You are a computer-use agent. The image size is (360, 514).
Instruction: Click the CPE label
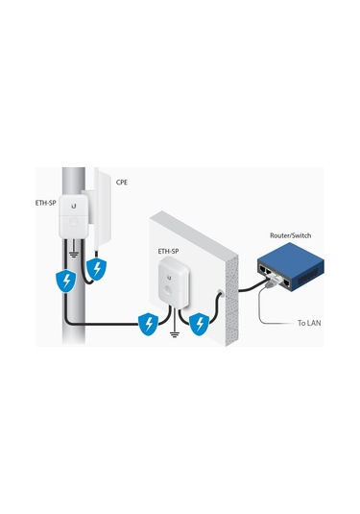point(123,181)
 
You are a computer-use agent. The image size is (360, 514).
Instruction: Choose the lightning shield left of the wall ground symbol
point(147,324)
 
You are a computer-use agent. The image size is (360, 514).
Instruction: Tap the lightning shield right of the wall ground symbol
point(199,324)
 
